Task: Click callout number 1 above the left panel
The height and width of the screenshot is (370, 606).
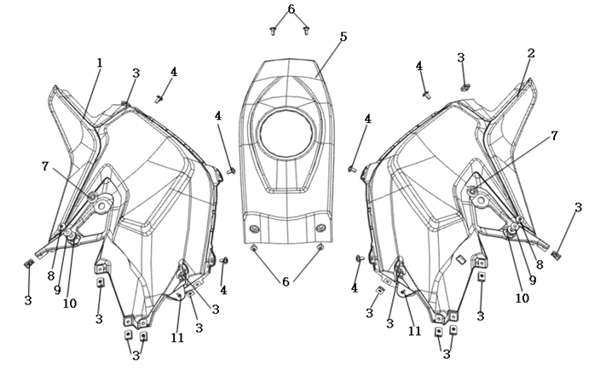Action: tap(100, 62)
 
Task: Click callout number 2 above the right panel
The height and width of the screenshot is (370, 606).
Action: tap(531, 53)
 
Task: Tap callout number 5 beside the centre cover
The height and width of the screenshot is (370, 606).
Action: tap(343, 37)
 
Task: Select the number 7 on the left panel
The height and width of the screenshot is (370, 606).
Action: tap(46, 165)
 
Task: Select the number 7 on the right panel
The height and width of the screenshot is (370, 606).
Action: tap(555, 136)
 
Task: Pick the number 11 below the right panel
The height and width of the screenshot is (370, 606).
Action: tap(415, 330)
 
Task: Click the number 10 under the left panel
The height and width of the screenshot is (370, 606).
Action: tap(70, 304)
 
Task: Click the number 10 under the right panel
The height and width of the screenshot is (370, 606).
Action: tap(522, 298)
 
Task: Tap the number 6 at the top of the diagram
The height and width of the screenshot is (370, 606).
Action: tap(291, 9)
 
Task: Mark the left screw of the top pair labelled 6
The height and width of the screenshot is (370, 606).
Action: tap(273, 31)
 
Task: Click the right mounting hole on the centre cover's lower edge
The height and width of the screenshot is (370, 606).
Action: tap(320, 228)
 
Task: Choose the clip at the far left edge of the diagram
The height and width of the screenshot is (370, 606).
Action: tap(28, 263)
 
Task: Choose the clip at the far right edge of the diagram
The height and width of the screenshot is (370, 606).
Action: tap(558, 254)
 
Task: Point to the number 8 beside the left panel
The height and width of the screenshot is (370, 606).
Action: tap(50, 275)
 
